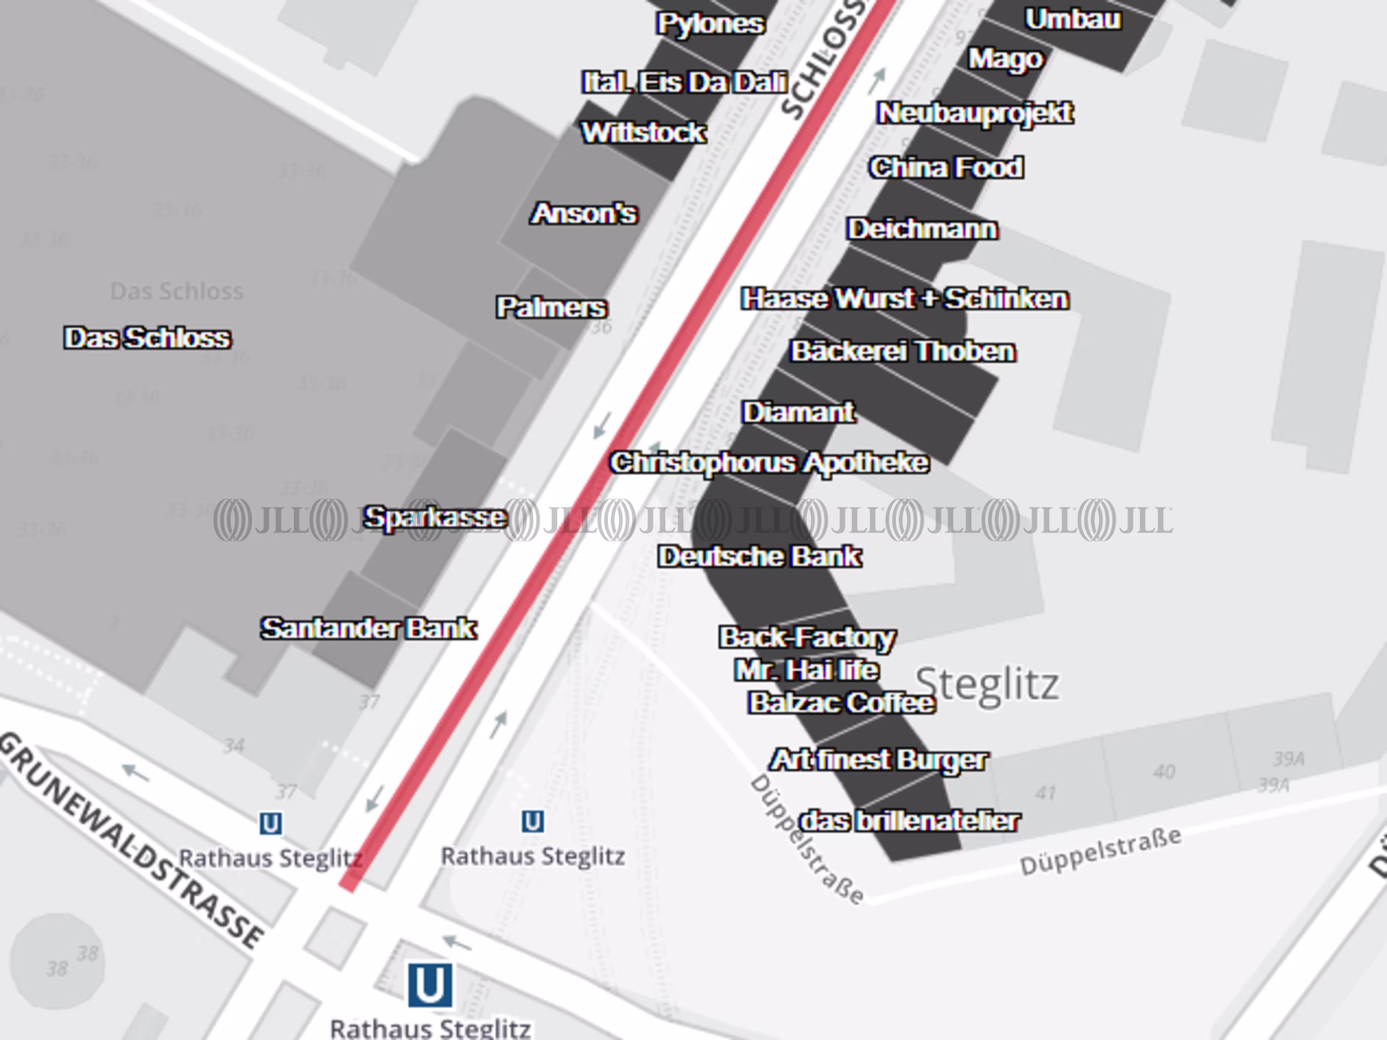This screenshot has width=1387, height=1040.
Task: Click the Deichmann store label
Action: coord(922,229)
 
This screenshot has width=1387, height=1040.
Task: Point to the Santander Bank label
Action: coord(368,628)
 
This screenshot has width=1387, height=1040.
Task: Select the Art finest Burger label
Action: coord(878,760)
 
